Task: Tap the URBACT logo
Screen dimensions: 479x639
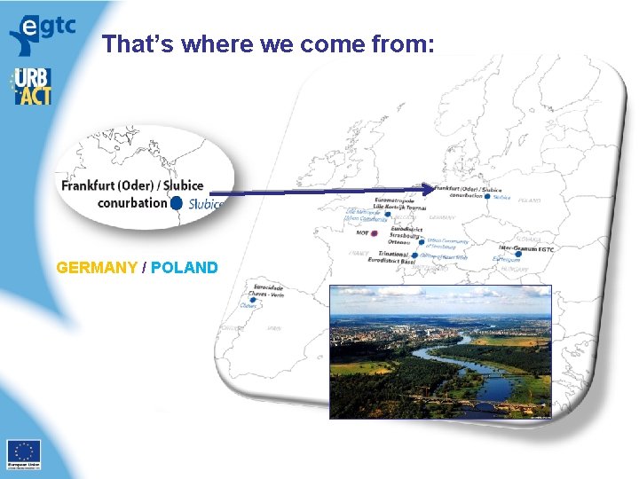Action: click(x=32, y=86)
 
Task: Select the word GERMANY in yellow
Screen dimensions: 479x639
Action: click(x=97, y=268)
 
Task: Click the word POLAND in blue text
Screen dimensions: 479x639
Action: click(x=185, y=268)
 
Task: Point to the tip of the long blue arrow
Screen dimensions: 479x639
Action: click(x=434, y=187)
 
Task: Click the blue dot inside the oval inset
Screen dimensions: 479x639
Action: click(x=177, y=203)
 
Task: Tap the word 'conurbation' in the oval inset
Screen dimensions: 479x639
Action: click(x=131, y=202)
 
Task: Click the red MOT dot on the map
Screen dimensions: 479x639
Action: click(x=375, y=233)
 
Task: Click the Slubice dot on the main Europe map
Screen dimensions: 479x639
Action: click(x=487, y=196)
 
